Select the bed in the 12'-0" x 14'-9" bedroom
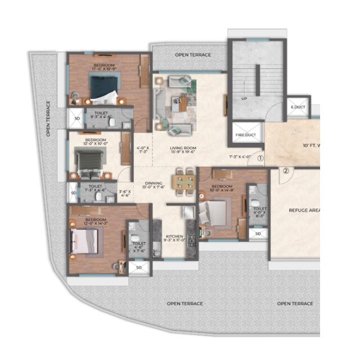click(214, 213)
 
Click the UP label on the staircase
click(244, 99)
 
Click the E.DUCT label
click(297, 107)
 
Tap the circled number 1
click(260, 159)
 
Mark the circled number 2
click(285, 171)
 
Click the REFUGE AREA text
click(304, 210)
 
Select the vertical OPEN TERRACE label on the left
click(48, 119)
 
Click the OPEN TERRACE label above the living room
click(192, 55)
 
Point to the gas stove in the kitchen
click(191, 241)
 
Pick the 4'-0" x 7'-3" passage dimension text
click(142, 150)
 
